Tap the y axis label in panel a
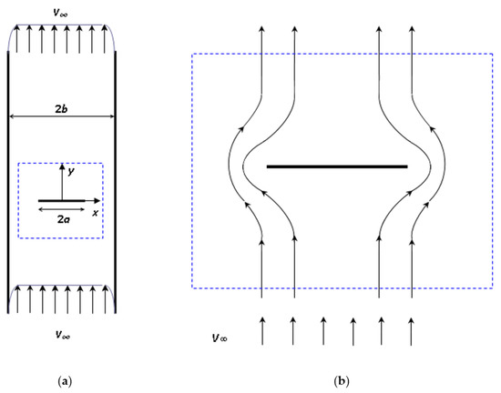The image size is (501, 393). [x=70, y=171]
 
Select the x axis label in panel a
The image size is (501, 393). [x=95, y=213]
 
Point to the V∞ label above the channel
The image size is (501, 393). [x=61, y=12]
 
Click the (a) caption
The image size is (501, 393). [x=61, y=379]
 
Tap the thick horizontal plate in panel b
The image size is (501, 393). [x=336, y=167]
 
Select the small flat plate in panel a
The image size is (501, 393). [x=61, y=200]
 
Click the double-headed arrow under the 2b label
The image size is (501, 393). [x=61, y=117]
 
